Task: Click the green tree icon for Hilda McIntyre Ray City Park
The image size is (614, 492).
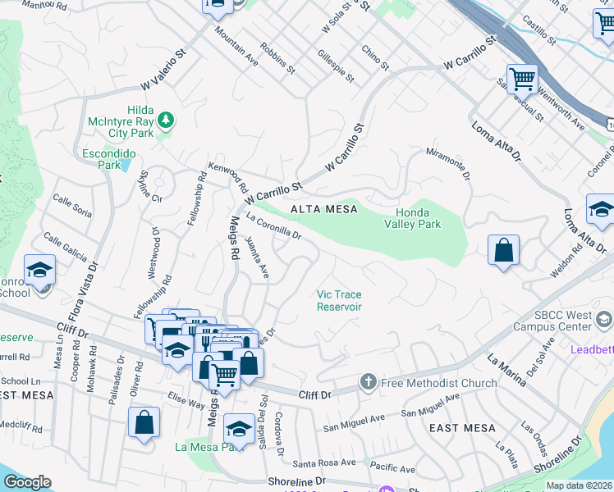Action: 167,121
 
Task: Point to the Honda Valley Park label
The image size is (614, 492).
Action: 413,217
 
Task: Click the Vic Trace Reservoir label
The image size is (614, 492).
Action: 340,300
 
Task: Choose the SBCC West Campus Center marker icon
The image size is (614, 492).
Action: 606,319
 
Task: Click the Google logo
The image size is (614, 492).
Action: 27,481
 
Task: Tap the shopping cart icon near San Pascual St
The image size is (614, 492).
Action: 521,79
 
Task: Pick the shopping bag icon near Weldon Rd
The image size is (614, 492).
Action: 503,250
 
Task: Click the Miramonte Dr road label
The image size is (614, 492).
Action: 448,164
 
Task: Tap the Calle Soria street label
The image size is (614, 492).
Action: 72,206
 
